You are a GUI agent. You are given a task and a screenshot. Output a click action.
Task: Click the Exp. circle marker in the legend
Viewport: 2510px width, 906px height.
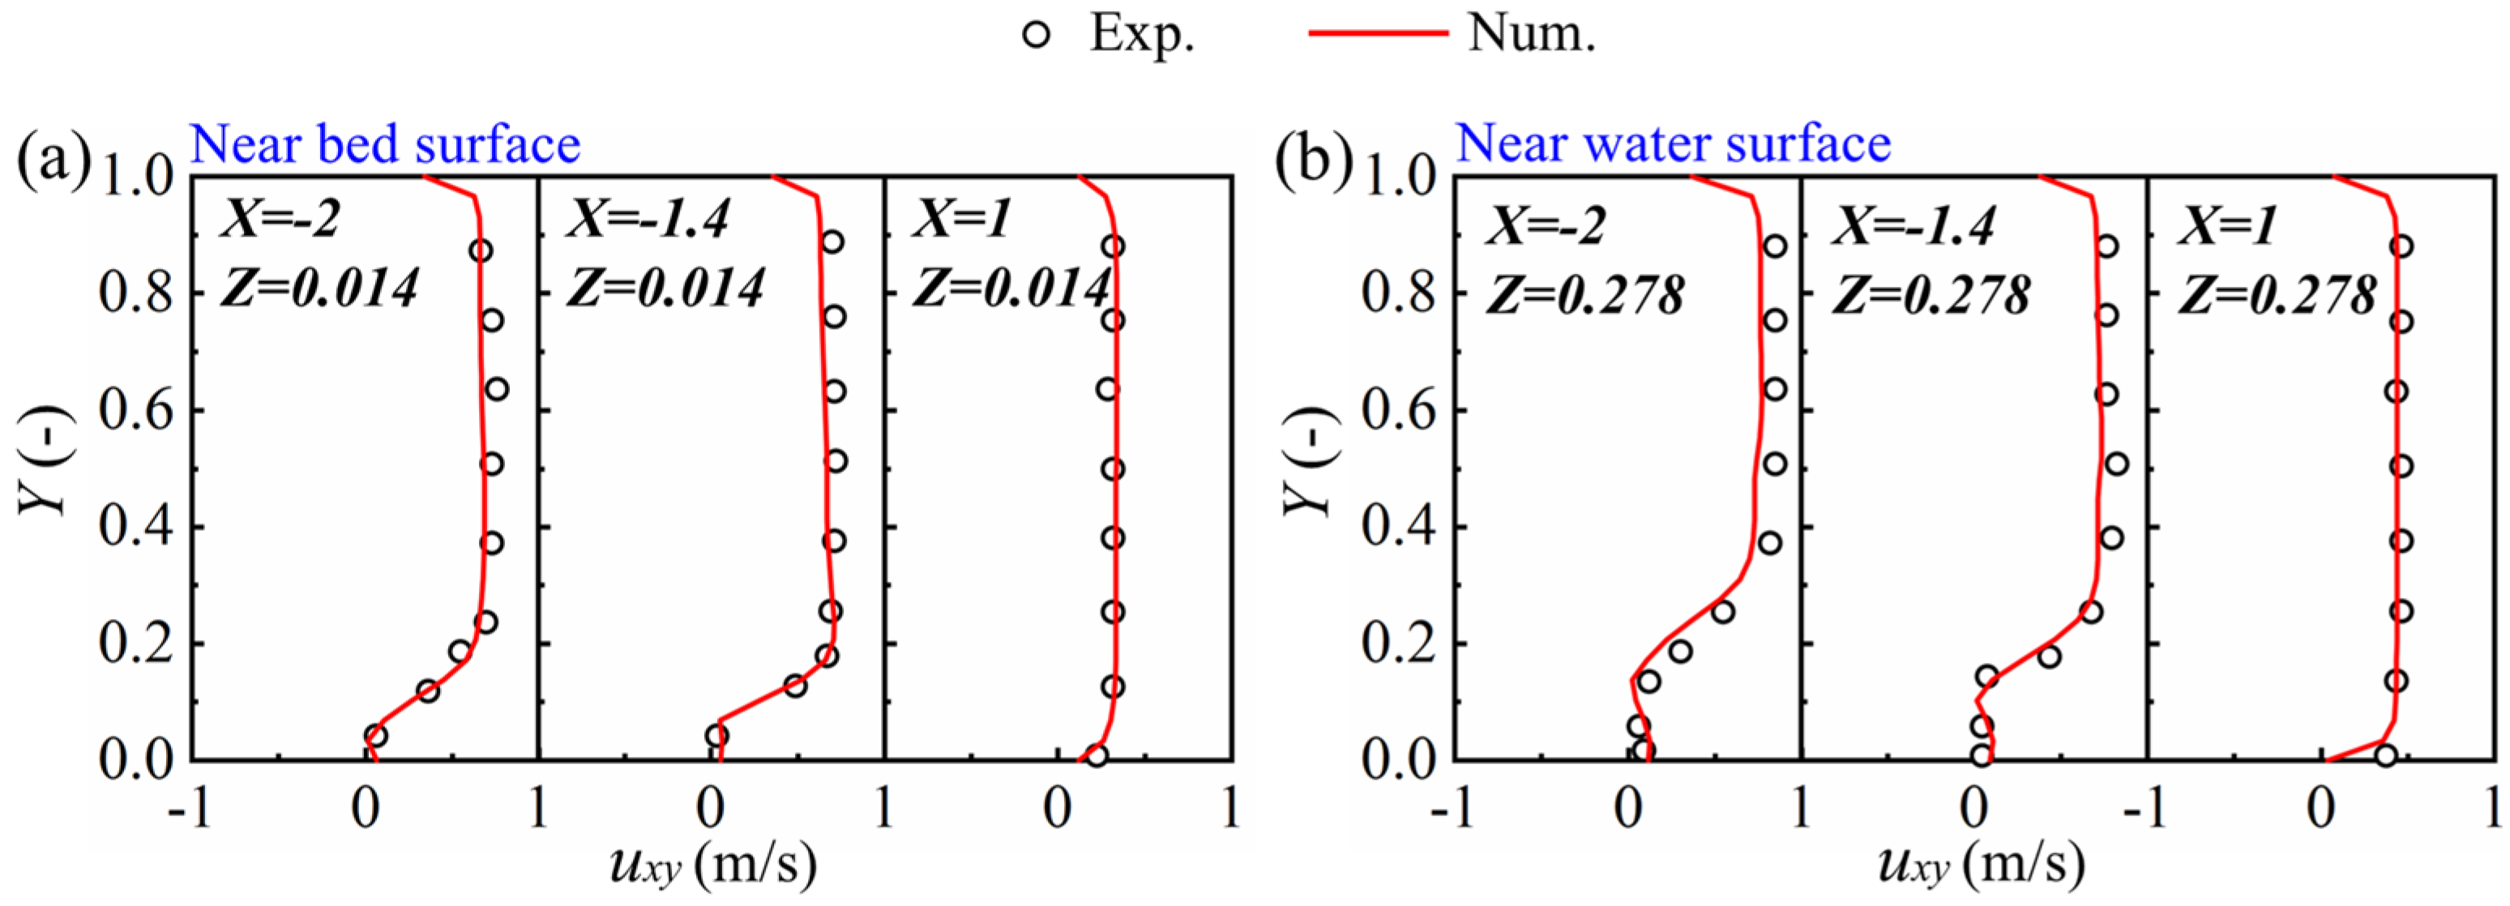[x=1037, y=35]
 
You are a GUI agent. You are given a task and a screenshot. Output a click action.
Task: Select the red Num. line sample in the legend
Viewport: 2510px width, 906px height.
[x=1378, y=33]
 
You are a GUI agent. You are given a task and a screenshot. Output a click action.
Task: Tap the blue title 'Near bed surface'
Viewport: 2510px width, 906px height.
[x=385, y=144]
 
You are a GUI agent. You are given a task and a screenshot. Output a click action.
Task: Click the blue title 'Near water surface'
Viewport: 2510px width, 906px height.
[x=1673, y=143]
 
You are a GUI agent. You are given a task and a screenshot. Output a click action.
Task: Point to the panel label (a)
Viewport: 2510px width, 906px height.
[x=53, y=158]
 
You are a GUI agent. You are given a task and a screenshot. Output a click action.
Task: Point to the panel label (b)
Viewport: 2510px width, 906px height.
[x=1315, y=158]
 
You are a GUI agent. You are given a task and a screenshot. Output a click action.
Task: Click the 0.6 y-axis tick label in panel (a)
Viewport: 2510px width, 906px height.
[x=136, y=410]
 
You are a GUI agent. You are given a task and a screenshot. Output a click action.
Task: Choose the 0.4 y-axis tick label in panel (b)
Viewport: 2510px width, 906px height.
[x=1399, y=527]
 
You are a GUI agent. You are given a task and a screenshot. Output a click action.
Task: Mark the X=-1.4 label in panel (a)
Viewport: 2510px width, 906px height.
[x=648, y=218]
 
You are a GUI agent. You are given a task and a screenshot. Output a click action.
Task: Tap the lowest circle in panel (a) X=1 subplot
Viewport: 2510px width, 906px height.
[x=1097, y=755]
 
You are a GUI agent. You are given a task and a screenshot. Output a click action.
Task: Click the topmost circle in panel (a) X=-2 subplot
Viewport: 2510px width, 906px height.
[x=480, y=250]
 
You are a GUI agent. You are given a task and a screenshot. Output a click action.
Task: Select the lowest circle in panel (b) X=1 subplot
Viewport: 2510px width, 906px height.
[x=2385, y=755]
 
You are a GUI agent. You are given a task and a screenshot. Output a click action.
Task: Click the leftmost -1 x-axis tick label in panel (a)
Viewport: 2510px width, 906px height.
[x=190, y=809]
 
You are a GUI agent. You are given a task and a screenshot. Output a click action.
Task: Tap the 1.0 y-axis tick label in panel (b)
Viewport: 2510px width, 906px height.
[x=1399, y=177]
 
